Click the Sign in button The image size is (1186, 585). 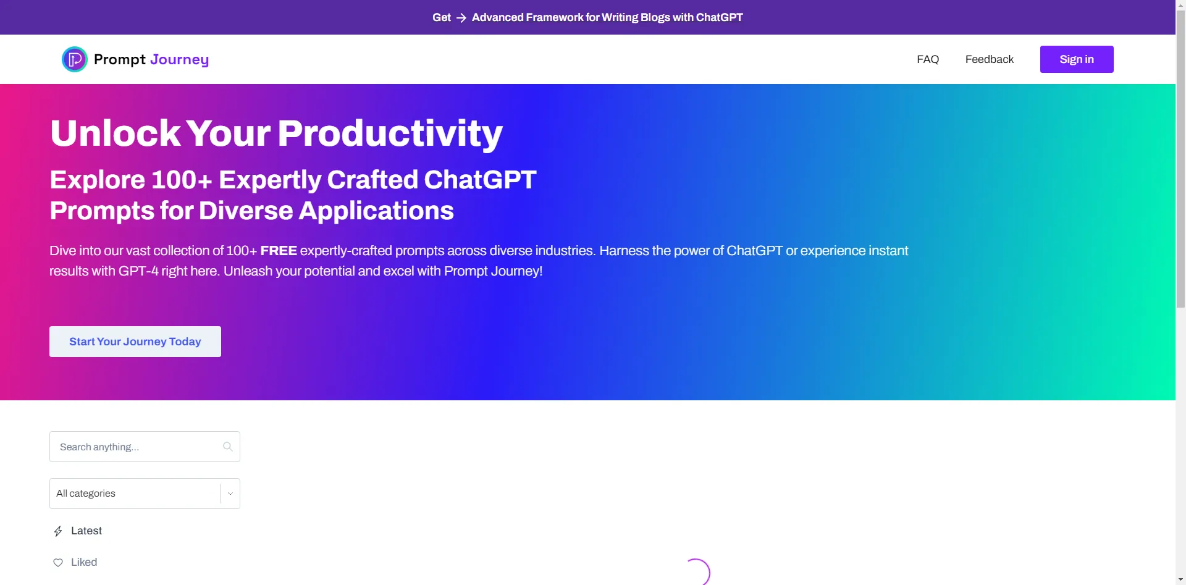(x=1077, y=59)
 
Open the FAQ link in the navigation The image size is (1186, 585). (x=928, y=59)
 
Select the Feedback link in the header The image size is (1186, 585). (x=990, y=59)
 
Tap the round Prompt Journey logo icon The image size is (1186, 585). (x=75, y=59)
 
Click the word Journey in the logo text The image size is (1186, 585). (x=180, y=60)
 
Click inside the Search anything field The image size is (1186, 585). (x=136, y=447)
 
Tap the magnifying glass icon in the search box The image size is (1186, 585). (x=228, y=447)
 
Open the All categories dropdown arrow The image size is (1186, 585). (x=230, y=494)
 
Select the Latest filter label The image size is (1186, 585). (x=86, y=531)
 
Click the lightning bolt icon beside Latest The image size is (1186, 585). (x=58, y=531)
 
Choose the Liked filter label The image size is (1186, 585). (x=84, y=562)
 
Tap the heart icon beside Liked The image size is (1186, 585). (x=58, y=563)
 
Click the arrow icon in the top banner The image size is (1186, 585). (x=461, y=18)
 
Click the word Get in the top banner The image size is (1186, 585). (x=442, y=17)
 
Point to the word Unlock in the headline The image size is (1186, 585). (x=116, y=133)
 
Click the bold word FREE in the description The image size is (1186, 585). (x=279, y=251)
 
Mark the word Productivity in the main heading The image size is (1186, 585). (x=390, y=134)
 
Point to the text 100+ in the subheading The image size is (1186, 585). (x=182, y=180)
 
